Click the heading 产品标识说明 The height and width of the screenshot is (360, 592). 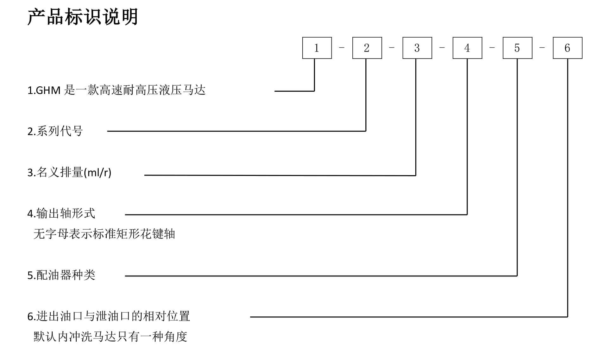pos(83,17)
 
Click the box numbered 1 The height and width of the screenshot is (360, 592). pos(317,48)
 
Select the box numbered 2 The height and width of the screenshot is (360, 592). pos(367,48)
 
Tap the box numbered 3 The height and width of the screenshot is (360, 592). pos(417,48)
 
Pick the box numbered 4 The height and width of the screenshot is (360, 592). pos(467,48)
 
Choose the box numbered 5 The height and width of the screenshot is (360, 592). pos(517,48)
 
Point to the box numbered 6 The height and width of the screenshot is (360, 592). pos(567,48)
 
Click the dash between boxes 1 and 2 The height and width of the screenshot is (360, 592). pos(342,48)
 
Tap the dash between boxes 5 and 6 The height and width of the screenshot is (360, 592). pos(542,48)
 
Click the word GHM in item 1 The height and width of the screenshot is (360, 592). pos(48,90)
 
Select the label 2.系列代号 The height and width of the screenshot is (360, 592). pos(55,131)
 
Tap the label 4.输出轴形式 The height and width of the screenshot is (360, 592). pos(61,214)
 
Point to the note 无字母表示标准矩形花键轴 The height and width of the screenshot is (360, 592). pos(104,234)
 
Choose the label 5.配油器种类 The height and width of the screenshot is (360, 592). pos(61,275)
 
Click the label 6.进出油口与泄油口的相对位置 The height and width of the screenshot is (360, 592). pos(109,316)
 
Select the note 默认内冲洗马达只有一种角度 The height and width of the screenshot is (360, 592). pos(110,337)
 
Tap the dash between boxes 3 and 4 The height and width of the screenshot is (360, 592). pos(442,48)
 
